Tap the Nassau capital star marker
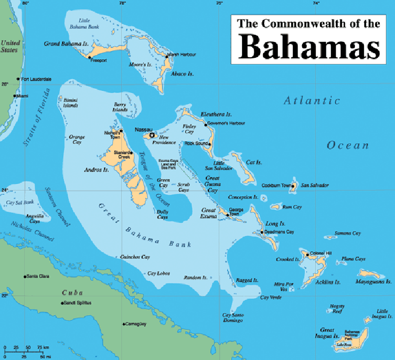152,134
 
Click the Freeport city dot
89,57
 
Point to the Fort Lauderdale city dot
18,79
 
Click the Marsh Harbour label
182,54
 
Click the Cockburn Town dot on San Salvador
293,186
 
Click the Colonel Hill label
321,254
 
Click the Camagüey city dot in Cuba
124,324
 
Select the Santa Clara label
39,276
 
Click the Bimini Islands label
70,102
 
